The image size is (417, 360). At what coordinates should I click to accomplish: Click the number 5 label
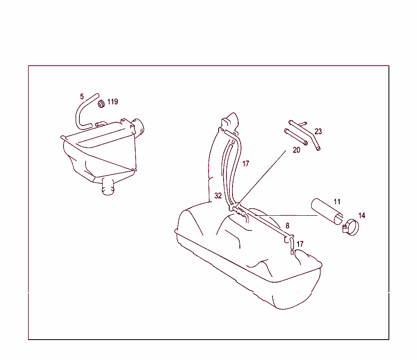[82, 97]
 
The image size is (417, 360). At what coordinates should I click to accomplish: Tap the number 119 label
[112, 102]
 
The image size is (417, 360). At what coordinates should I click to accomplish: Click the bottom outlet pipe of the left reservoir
[108, 188]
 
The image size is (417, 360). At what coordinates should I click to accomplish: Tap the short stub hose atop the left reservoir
[101, 123]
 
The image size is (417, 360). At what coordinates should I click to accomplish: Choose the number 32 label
[218, 196]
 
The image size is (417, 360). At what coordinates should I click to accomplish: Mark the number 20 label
[296, 150]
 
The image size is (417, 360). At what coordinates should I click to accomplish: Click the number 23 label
[318, 131]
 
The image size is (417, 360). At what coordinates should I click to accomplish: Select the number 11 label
[337, 201]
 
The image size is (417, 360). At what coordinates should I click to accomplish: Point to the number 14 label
[362, 215]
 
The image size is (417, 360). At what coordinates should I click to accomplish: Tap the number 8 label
[287, 225]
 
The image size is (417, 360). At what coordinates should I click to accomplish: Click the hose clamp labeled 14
[351, 227]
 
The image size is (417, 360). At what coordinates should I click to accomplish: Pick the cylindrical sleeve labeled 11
[327, 210]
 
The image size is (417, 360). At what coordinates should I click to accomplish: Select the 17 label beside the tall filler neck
[245, 163]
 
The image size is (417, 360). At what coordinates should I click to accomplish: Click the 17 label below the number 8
[300, 244]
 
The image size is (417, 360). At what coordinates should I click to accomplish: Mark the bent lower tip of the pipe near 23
[318, 148]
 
